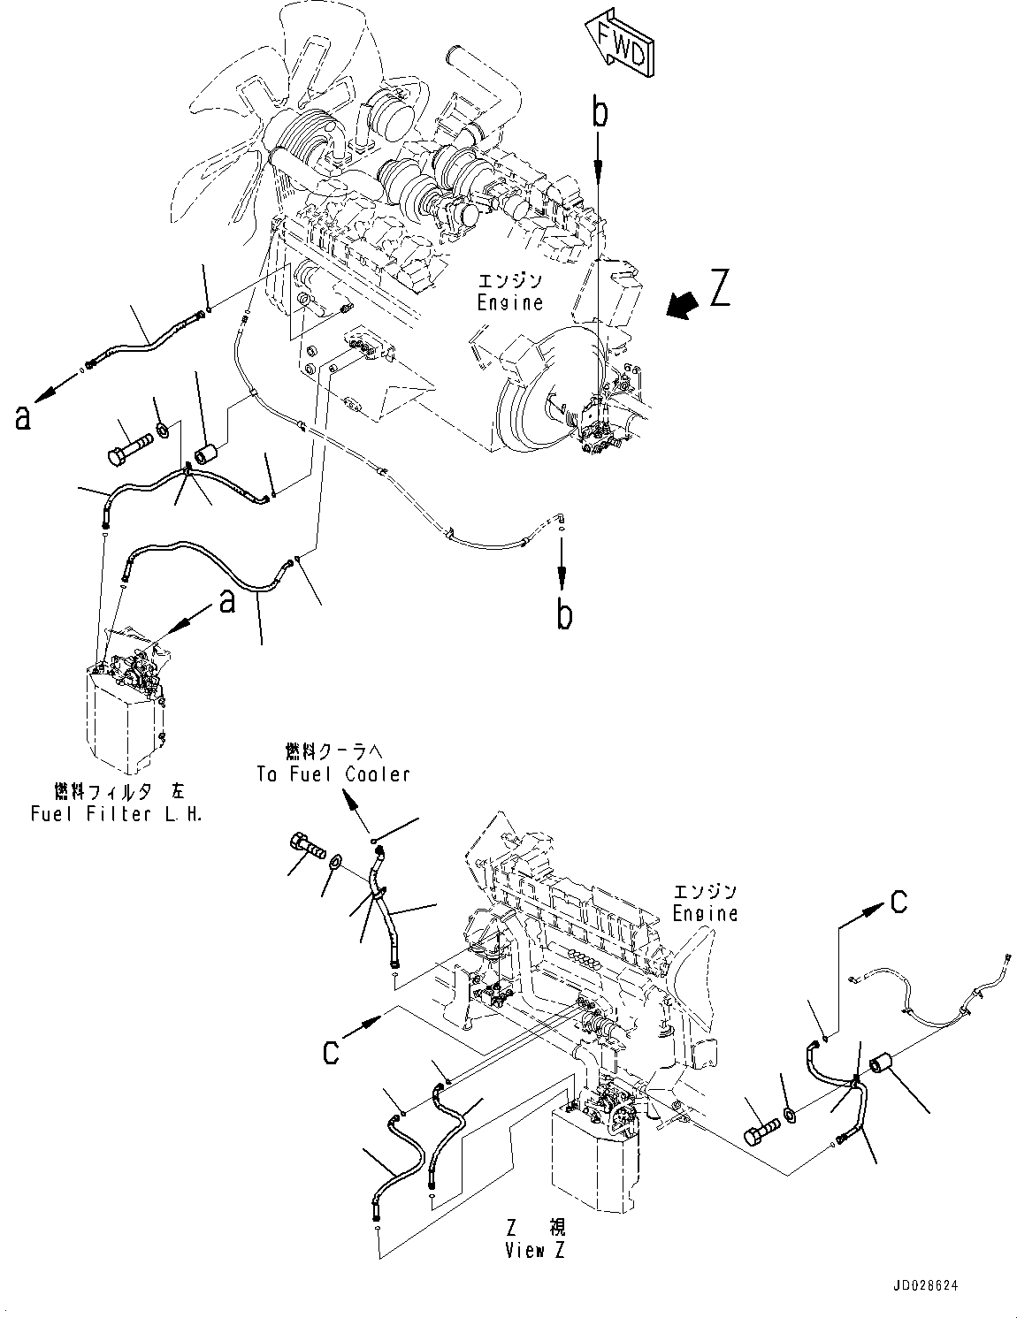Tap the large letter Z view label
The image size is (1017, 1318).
[x=721, y=288]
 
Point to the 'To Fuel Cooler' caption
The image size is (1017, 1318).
[x=333, y=774]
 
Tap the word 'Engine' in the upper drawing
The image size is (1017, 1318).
[x=509, y=302]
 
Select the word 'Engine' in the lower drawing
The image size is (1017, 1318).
[x=705, y=912]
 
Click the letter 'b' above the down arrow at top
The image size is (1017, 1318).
[x=600, y=114]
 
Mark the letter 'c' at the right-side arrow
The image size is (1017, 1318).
[x=898, y=903]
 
